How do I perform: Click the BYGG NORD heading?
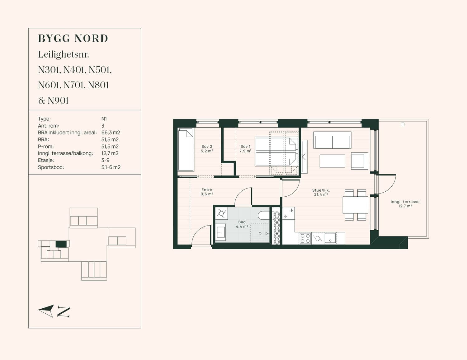pos(73,39)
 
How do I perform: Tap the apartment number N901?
pos(58,101)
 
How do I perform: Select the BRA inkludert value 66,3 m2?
pos(111,133)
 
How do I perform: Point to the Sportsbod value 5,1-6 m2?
pos(111,167)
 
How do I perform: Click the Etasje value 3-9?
pos(105,160)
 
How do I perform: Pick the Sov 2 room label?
pos(207,147)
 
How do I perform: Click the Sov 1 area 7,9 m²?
pos(245,151)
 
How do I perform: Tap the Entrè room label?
pos(207,190)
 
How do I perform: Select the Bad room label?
pos(242,222)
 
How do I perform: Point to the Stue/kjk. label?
pos(321,190)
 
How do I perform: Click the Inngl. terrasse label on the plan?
pos(405,202)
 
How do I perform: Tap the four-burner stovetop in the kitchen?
pos(305,238)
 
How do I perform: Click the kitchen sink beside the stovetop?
pos(330,238)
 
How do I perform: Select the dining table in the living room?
pos(355,205)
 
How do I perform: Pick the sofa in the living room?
pos(332,140)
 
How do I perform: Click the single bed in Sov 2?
pos(186,150)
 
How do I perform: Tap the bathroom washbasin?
pos(220,232)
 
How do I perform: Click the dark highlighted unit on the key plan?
pos(61,244)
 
